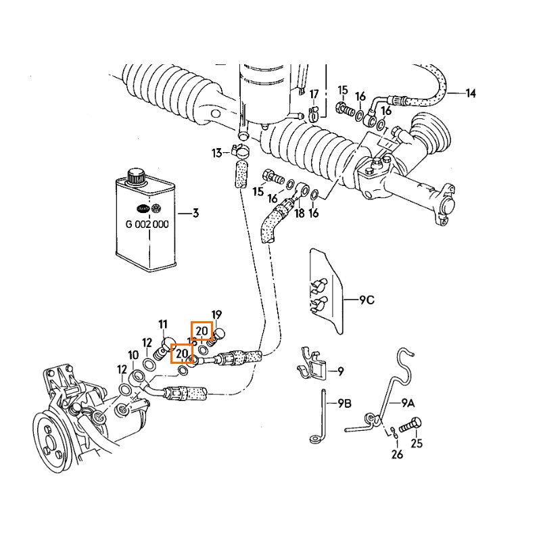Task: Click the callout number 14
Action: pos(471,93)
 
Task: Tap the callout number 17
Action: pos(314,93)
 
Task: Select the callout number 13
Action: pos(216,153)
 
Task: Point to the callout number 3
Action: pos(195,214)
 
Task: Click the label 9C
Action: pos(366,300)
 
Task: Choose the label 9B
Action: pos(344,404)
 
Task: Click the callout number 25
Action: pos(417,444)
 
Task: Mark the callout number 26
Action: pos(397,454)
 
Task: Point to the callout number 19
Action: pos(216,314)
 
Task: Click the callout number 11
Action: pos(163,325)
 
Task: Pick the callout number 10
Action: pos(133,355)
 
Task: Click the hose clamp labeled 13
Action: pos(241,151)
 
